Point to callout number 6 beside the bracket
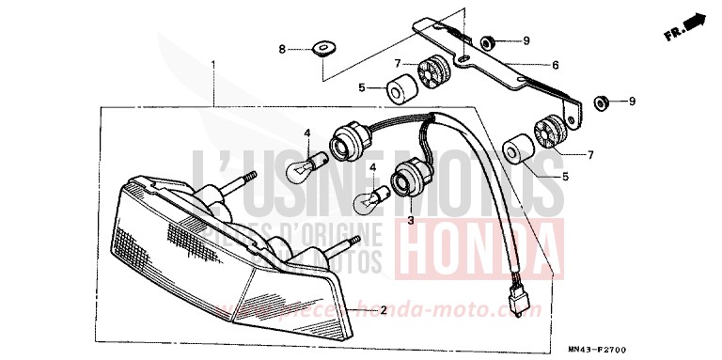tap(555, 65)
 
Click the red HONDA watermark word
tap(479, 247)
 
